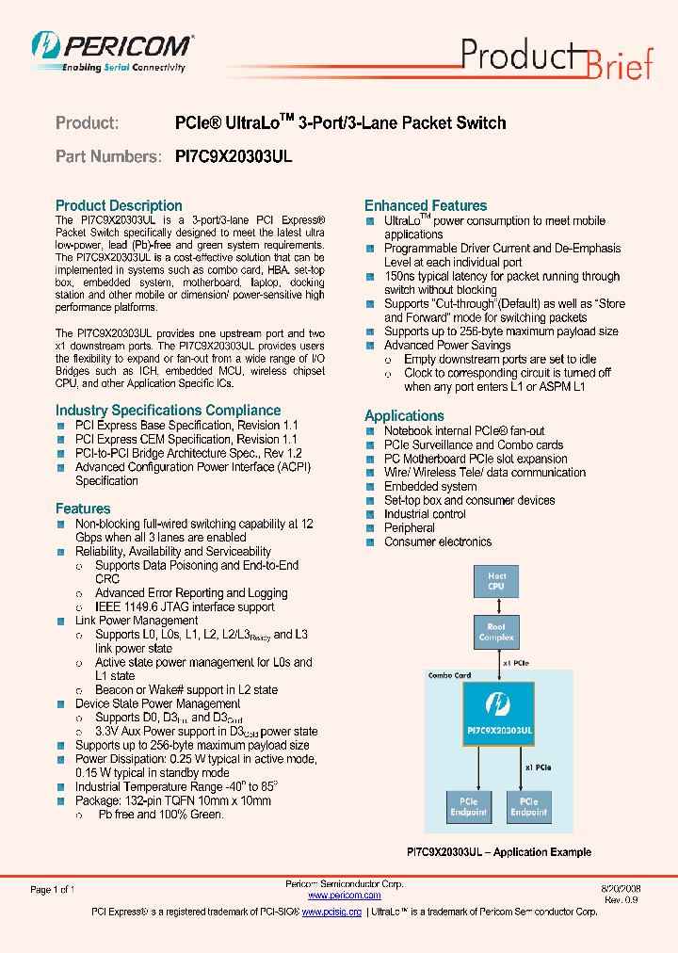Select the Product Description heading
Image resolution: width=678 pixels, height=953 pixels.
pyautogui.click(x=119, y=205)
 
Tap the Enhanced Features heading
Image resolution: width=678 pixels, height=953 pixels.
pyautogui.click(x=426, y=205)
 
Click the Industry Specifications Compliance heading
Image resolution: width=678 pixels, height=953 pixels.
pyautogui.click(x=168, y=410)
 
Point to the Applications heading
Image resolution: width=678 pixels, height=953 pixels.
pyautogui.click(x=404, y=415)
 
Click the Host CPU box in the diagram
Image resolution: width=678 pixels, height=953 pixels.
pyautogui.click(x=496, y=581)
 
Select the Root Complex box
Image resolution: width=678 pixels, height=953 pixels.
pyautogui.click(x=496, y=632)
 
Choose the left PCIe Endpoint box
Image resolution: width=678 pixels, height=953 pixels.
pyautogui.click(x=468, y=806)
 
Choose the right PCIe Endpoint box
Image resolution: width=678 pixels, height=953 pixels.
pyautogui.click(x=528, y=806)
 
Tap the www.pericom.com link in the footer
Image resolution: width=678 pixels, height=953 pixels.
pyautogui.click(x=344, y=896)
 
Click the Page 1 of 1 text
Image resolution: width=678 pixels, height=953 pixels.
pyautogui.click(x=53, y=889)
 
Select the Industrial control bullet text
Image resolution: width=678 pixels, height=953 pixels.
pyautogui.click(x=425, y=514)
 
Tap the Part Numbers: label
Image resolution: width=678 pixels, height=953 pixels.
pyautogui.click(x=107, y=156)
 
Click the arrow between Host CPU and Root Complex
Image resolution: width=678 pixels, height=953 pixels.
pyautogui.click(x=496, y=606)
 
